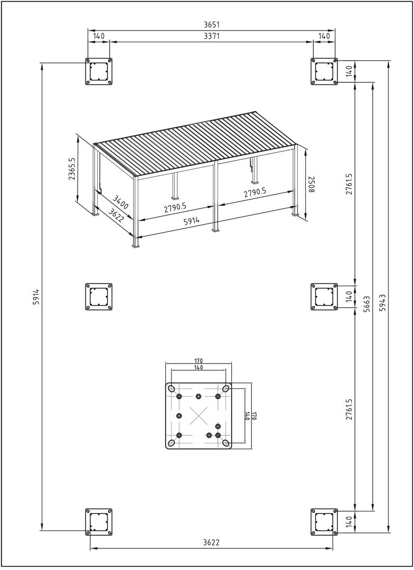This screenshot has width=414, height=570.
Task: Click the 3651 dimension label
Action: click(212, 25)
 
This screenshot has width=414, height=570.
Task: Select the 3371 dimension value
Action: click(212, 36)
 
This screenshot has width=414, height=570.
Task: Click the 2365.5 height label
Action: click(72, 169)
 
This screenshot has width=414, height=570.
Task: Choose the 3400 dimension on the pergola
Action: click(120, 202)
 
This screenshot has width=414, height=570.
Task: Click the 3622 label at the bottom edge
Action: click(211, 542)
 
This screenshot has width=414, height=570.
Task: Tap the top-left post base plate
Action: click(99, 72)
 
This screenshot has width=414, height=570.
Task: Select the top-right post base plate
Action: click(324, 72)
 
